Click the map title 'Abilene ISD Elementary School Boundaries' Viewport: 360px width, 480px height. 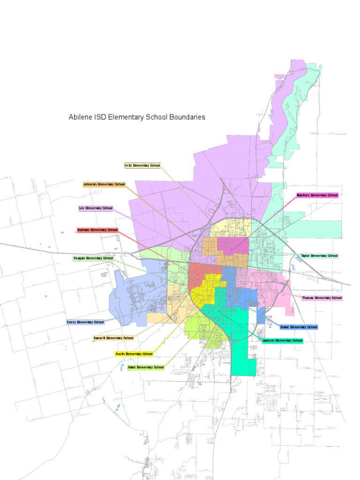(137, 117)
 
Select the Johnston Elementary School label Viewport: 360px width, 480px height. (104, 185)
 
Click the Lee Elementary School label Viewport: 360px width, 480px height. (96, 208)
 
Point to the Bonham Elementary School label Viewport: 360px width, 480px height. (97, 230)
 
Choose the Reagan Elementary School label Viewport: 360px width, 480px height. (93, 258)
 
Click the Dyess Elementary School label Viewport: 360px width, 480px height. (85, 322)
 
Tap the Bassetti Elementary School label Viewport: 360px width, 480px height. (113, 338)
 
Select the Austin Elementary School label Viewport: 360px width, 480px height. (134, 354)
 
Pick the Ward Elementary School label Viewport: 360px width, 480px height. (146, 367)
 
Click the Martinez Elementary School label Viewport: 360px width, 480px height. (317, 195)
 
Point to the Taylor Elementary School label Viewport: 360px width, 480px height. (319, 256)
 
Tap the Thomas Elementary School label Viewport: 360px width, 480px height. (322, 298)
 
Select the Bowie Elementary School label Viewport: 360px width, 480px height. (299, 327)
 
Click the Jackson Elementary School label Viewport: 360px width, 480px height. (282, 341)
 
